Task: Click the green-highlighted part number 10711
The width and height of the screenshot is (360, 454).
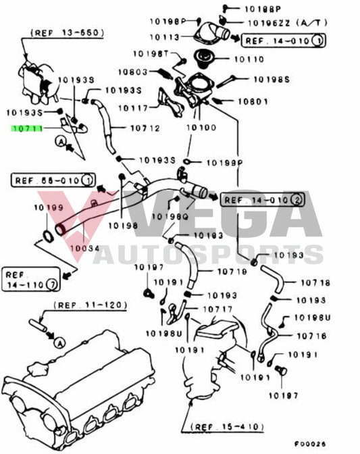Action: (27, 127)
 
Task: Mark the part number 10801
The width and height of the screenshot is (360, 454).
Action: (254, 103)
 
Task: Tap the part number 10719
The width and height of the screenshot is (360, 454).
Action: (232, 272)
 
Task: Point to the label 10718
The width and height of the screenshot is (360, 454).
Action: (315, 283)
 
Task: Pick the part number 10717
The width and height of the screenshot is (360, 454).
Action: (207, 309)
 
